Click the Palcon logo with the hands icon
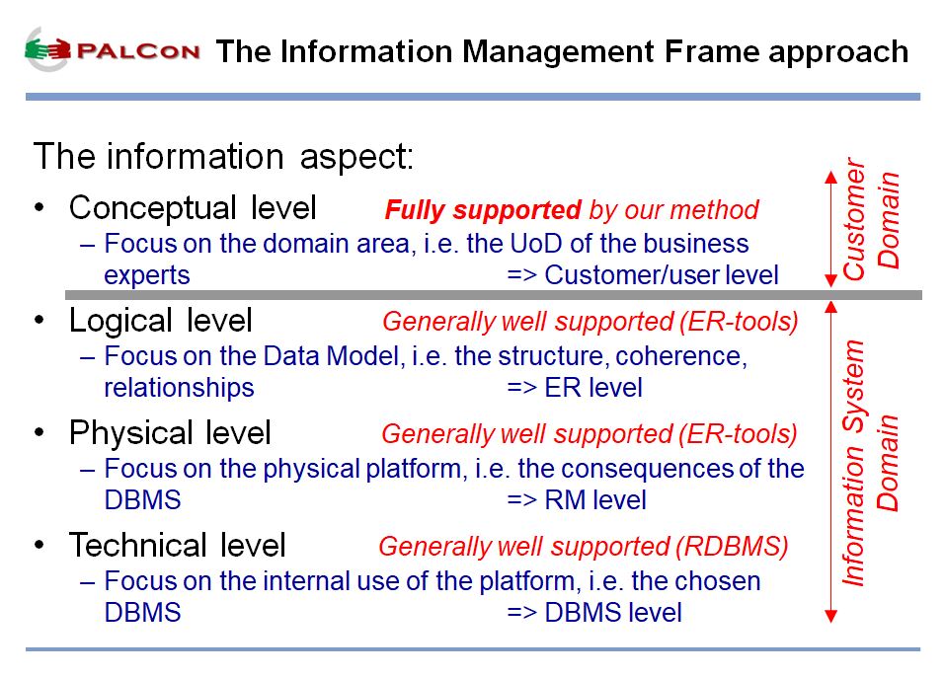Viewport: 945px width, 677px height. [113, 50]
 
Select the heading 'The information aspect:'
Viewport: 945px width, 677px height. [224, 157]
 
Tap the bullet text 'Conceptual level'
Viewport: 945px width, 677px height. [193, 208]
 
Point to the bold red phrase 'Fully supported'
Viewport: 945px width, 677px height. [483, 210]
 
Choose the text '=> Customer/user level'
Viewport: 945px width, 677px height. [643, 275]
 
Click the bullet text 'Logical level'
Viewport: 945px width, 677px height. [160, 321]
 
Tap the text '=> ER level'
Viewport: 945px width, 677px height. [575, 387]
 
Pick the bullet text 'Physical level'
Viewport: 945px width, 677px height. [170, 433]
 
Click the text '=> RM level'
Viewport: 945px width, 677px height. [576, 500]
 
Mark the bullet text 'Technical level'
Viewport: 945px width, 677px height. [177, 545]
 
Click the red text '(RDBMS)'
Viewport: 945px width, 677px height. [732, 547]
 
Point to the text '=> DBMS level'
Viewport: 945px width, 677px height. [594, 613]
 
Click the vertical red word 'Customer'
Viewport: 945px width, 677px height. [854, 219]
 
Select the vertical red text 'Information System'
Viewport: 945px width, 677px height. [854, 463]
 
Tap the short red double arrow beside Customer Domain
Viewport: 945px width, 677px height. [831, 229]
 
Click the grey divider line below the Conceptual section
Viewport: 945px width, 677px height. [494, 295]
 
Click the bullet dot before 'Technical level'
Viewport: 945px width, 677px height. [39, 546]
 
